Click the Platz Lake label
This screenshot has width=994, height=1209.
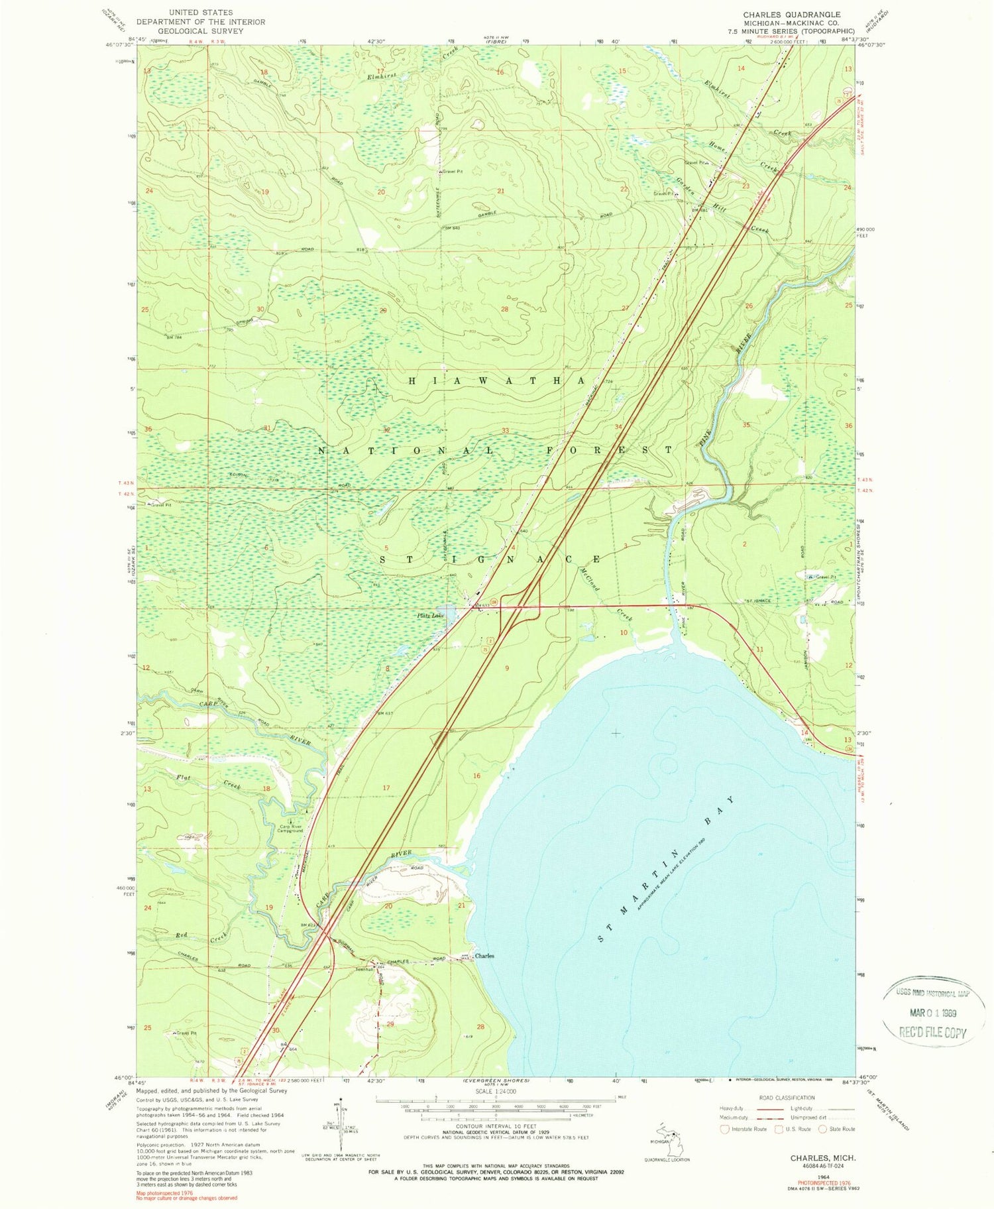(429, 616)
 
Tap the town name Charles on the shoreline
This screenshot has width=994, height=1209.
(484, 956)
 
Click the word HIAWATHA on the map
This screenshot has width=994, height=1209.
(496, 381)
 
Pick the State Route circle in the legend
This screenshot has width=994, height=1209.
(822, 1129)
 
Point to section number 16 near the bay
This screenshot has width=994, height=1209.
(476, 776)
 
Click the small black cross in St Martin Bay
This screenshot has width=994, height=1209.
(616, 733)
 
